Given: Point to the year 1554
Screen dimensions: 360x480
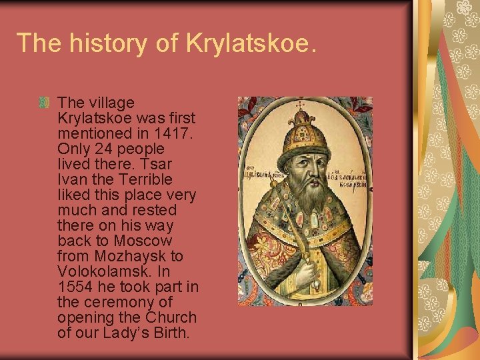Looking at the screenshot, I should (x=73, y=287).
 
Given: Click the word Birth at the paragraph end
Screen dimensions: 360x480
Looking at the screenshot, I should (x=170, y=333).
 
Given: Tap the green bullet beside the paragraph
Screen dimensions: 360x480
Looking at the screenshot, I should (x=45, y=103).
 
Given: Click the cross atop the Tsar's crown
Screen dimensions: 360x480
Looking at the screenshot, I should (x=299, y=105).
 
